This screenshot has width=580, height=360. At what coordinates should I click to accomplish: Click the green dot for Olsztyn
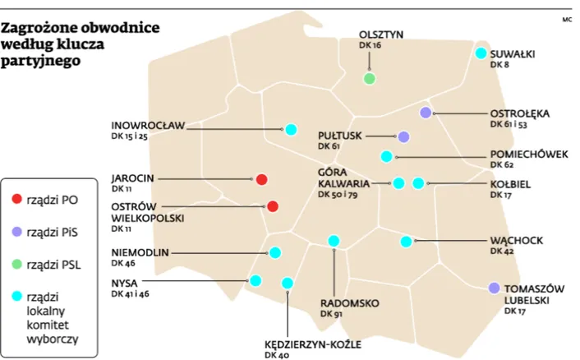pyautogui.click(x=370, y=79)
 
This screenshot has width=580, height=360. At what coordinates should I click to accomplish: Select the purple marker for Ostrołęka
pyautogui.click(x=426, y=113)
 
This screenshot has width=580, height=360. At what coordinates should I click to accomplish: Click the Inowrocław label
pyautogui.click(x=148, y=126)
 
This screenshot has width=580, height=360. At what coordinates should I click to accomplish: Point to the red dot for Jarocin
pyautogui.click(x=261, y=180)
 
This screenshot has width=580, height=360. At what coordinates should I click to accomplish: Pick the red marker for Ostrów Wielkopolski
pyautogui.click(x=273, y=207)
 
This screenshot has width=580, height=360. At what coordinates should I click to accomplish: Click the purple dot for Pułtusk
pyautogui.click(x=403, y=136)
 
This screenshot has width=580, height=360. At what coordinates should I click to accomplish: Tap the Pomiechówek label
pyautogui.click(x=528, y=154)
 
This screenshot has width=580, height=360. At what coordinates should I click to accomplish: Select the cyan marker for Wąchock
pyautogui.click(x=406, y=242)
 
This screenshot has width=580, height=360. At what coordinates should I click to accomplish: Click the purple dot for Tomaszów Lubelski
pyautogui.click(x=494, y=288)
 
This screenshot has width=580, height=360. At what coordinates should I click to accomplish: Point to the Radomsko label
pyautogui.click(x=349, y=302)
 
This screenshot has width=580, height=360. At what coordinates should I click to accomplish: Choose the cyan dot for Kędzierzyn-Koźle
pyautogui.click(x=288, y=284)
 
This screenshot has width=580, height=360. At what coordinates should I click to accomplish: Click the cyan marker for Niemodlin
pyautogui.click(x=275, y=253)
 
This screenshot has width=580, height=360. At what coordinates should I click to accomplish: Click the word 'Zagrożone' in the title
pyautogui.click(x=39, y=27)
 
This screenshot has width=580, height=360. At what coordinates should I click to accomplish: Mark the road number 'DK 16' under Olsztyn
pyautogui.click(x=371, y=46)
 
